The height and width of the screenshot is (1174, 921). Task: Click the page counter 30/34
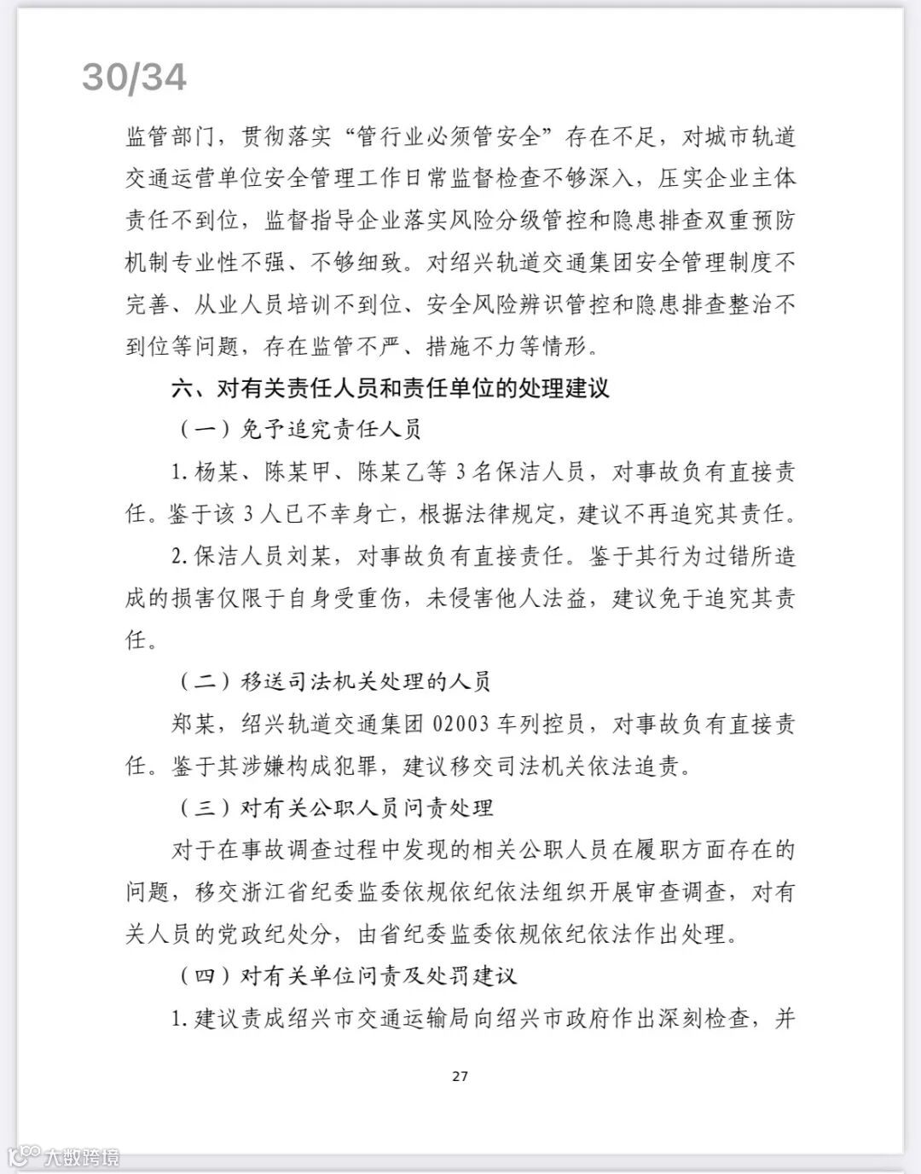(x=135, y=78)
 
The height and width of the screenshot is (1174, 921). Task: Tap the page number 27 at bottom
(x=460, y=1076)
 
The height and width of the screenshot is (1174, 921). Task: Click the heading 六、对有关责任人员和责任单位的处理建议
(x=391, y=388)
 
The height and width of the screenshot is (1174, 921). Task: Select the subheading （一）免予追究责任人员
(x=299, y=430)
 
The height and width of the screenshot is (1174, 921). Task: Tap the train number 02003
(x=472, y=724)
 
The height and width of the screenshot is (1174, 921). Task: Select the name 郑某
(x=194, y=724)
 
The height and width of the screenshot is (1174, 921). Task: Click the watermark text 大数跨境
(x=83, y=1157)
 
